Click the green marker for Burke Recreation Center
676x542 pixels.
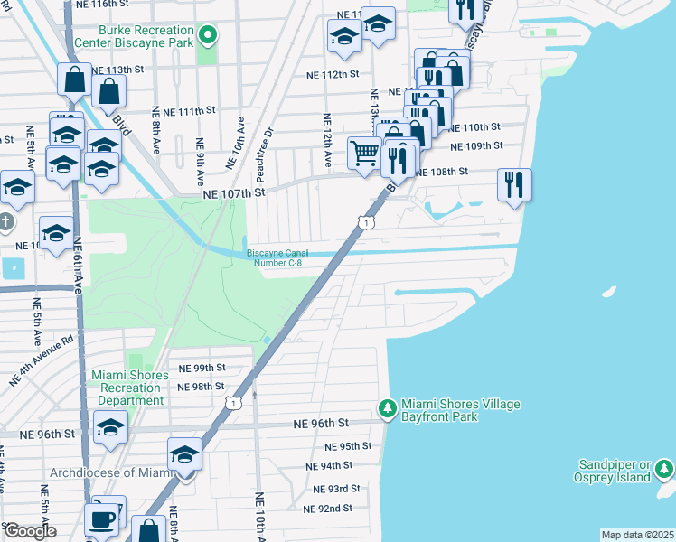click(x=208, y=36)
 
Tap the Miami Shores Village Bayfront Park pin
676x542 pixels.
click(x=388, y=409)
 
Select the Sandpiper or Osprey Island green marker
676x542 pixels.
click(x=664, y=469)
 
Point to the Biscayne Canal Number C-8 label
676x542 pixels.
click(x=277, y=258)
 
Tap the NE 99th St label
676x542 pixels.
click(x=201, y=369)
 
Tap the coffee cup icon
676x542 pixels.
click(x=101, y=519)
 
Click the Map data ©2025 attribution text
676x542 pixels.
click(x=637, y=535)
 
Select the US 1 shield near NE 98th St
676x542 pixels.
click(x=234, y=402)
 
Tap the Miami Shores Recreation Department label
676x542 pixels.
click(x=130, y=388)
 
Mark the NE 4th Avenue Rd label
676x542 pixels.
click(x=41, y=360)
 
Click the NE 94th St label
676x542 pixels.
click(x=328, y=466)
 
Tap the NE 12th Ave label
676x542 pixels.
click(x=327, y=141)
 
